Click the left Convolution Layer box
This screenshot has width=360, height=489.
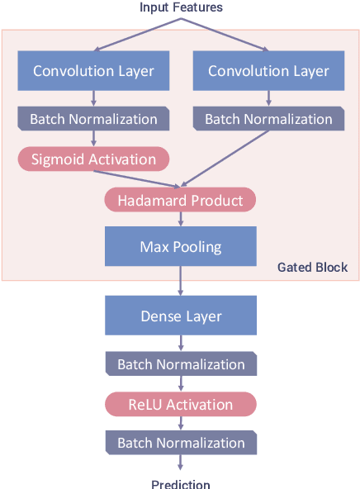coord(93,71)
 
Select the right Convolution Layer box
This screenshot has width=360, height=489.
coord(268,71)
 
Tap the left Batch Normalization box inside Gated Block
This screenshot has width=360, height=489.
coord(93,119)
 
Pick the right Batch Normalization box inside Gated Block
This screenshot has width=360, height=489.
coord(268,119)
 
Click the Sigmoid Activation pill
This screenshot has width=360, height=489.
coord(93,159)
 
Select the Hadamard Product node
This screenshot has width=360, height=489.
coord(180,200)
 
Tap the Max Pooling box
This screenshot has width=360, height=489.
coord(180,246)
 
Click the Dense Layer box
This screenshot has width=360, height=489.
coord(180,316)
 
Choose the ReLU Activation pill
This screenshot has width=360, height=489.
coord(180,404)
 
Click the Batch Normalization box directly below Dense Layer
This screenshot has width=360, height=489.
coord(180,364)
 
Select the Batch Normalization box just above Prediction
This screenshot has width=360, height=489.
coord(180,443)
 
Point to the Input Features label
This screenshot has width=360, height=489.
coord(181,7)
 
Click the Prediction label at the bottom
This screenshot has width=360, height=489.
coord(180,484)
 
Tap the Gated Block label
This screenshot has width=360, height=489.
coord(312,267)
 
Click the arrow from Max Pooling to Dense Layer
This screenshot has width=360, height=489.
coord(180,281)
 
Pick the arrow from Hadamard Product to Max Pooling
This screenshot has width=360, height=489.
coord(180,219)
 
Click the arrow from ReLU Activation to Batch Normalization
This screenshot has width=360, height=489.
coord(180,423)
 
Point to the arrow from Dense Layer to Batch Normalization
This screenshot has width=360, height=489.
coord(180,344)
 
